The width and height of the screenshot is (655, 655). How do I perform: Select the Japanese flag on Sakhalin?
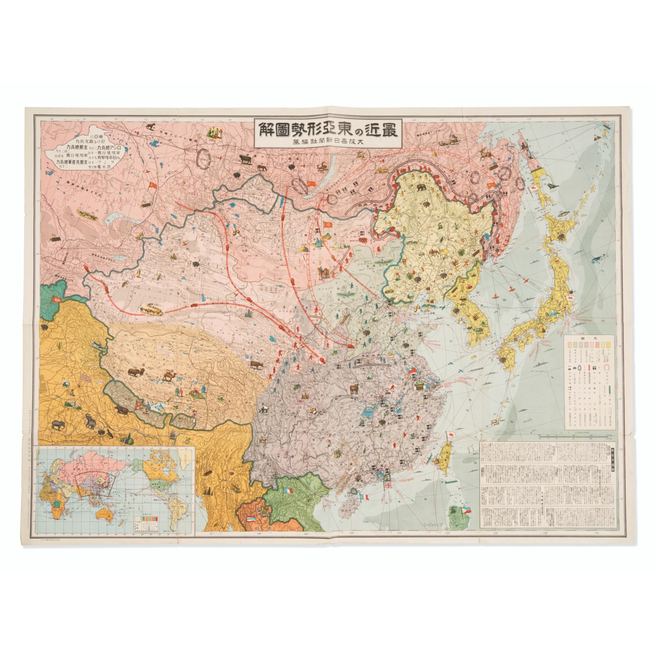[x=533, y=186]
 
